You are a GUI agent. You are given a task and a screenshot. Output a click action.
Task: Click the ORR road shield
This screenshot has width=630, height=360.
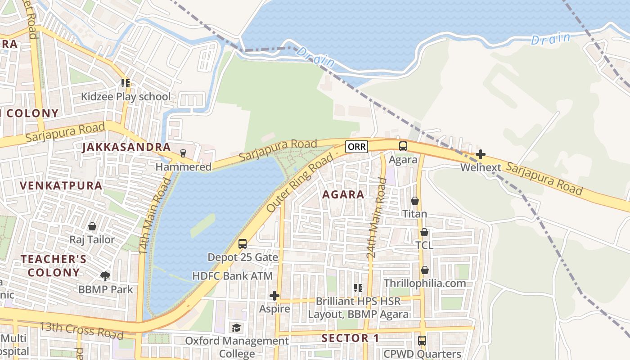click(x=356, y=146)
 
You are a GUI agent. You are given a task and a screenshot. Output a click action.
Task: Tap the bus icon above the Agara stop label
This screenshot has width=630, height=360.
click(x=403, y=146)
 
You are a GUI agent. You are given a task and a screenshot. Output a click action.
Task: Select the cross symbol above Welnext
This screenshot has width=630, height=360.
click(x=481, y=154)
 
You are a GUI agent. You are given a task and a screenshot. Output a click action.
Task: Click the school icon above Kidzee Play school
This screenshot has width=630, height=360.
click(x=126, y=83)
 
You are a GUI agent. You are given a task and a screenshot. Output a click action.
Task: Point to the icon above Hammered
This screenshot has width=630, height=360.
click(x=183, y=153)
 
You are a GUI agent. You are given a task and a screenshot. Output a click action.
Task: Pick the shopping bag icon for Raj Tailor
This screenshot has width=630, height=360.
click(x=92, y=226)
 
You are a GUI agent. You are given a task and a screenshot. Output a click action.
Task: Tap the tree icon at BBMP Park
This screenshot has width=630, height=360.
click(x=105, y=275)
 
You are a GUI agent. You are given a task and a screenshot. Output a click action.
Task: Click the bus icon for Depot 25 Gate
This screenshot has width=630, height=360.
click(x=243, y=244)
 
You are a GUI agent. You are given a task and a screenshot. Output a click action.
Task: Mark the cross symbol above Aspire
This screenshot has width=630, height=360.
click(x=274, y=296)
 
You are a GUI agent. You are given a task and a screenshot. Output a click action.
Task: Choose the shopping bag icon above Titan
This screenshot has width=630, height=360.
click(x=415, y=201)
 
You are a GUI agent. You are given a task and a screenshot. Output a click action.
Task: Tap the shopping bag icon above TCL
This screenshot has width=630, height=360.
click(x=424, y=232)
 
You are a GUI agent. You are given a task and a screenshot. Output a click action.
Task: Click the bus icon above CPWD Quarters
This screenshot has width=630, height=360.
click(x=422, y=341)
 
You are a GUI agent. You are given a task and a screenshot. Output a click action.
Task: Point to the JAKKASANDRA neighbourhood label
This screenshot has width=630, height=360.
click(x=126, y=147)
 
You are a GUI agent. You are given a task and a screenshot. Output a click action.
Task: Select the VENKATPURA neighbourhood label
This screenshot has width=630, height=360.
click(x=61, y=185)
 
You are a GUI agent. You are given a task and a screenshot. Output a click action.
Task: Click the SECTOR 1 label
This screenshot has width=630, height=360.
click(x=351, y=338)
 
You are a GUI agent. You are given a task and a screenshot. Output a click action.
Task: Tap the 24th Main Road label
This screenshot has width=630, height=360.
click(x=377, y=218)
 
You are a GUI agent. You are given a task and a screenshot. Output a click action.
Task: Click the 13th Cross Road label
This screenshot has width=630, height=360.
click(x=81, y=330)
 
